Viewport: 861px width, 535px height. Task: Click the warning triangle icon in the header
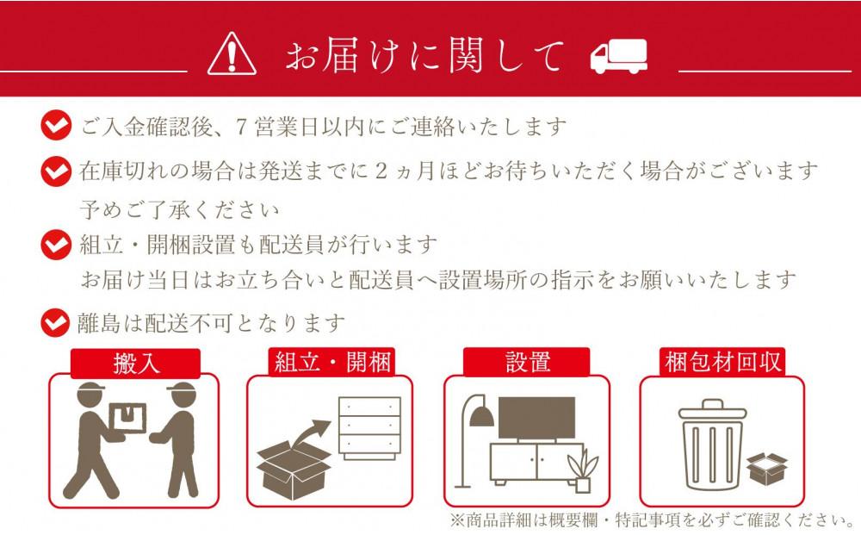tap(232, 55)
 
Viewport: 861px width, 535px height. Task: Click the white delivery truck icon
tap(619, 58)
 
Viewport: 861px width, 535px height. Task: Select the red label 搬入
tap(136, 363)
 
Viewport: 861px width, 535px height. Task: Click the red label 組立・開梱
tap(331, 362)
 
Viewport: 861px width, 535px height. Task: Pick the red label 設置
tap(526, 362)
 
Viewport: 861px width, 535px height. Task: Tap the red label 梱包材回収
tap(722, 362)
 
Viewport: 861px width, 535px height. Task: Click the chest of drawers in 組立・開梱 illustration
tap(369, 429)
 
